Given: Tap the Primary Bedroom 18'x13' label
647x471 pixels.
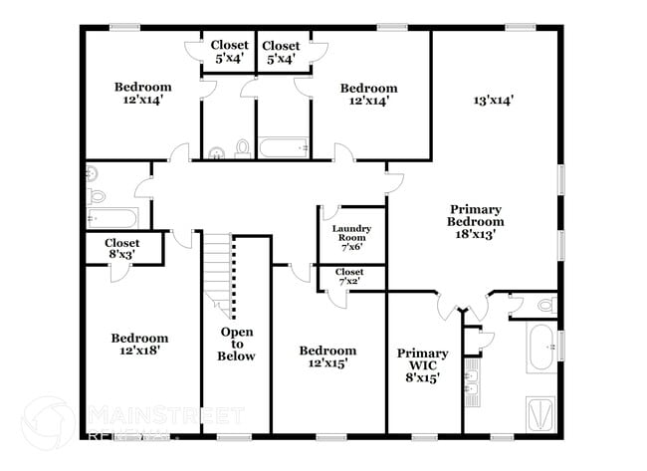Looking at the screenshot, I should point(475,222).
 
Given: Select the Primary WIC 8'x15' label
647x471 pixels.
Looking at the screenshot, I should point(422,365).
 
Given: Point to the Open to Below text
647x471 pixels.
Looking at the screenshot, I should point(237,344).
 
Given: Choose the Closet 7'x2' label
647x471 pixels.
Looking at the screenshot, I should point(349,277).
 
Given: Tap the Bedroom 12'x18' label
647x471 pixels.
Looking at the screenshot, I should point(138,345).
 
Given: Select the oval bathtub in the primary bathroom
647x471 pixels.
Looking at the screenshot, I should point(541,348).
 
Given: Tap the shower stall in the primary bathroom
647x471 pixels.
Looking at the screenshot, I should point(540,411).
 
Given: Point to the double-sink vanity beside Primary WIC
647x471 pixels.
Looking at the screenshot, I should point(472,382).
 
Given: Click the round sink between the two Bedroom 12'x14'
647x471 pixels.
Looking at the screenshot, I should point(217,152).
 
